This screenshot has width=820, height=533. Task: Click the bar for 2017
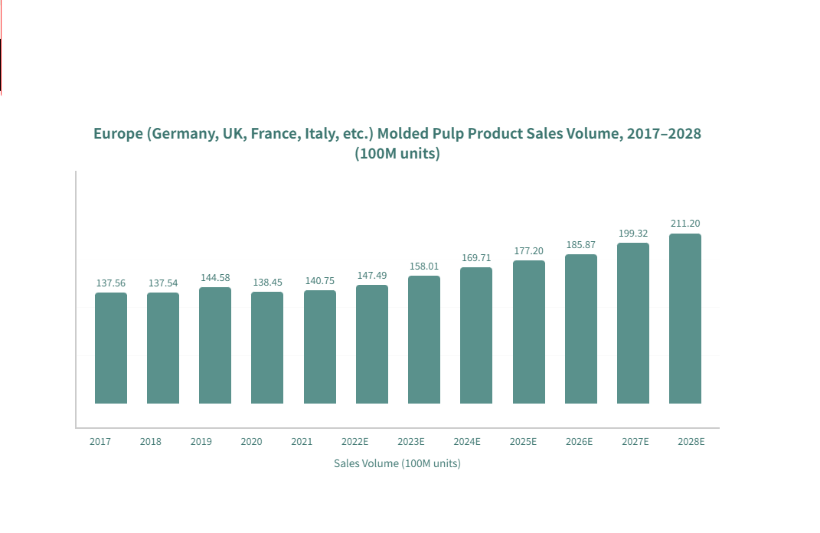point(111,348)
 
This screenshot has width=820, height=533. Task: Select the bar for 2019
point(215,345)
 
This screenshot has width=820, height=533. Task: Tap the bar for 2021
point(320,347)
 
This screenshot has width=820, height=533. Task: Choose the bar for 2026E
point(581,329)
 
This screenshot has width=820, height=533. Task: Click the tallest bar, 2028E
point(685,319)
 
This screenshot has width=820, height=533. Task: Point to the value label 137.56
point(111,283)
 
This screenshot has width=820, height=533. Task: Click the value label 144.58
point(215,278)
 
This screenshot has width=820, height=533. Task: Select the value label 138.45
point(267,283)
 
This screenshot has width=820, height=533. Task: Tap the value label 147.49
point(372,276)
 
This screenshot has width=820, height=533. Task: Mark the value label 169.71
point(476,258)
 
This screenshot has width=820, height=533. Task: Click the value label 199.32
point(633,234)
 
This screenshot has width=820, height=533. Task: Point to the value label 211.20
point(685,224)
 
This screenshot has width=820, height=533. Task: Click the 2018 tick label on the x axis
point(151,442)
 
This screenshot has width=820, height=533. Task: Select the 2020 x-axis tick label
point(251,442)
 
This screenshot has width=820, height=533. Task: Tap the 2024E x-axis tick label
point(467,442)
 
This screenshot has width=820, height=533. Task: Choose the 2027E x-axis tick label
point(635,442)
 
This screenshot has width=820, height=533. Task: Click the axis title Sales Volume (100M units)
point(397,463)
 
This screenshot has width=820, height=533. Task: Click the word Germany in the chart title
point(183,133)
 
